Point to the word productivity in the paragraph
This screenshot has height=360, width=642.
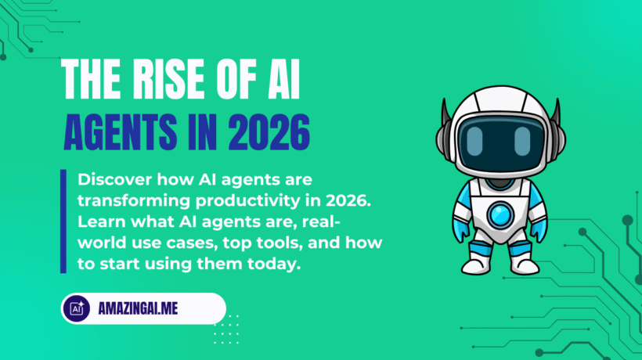click(242, 200)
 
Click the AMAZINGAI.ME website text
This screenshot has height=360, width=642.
click(139, 308)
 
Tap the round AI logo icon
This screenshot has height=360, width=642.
click(77, 308)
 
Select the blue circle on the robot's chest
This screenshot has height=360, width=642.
click(500, 213)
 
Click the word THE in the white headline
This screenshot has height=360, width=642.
click(88, 82)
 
